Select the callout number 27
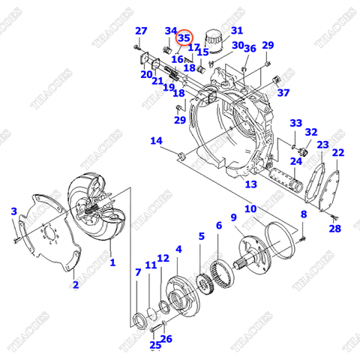coord(141,31)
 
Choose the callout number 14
coord(156,141)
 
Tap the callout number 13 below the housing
coord(250,184)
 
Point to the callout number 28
coord(334,229)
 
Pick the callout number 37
coord(283,93)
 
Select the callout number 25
coord(155,345)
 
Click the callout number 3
coord(13,212)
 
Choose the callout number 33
coord(295,124)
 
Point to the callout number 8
coord(303,215)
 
